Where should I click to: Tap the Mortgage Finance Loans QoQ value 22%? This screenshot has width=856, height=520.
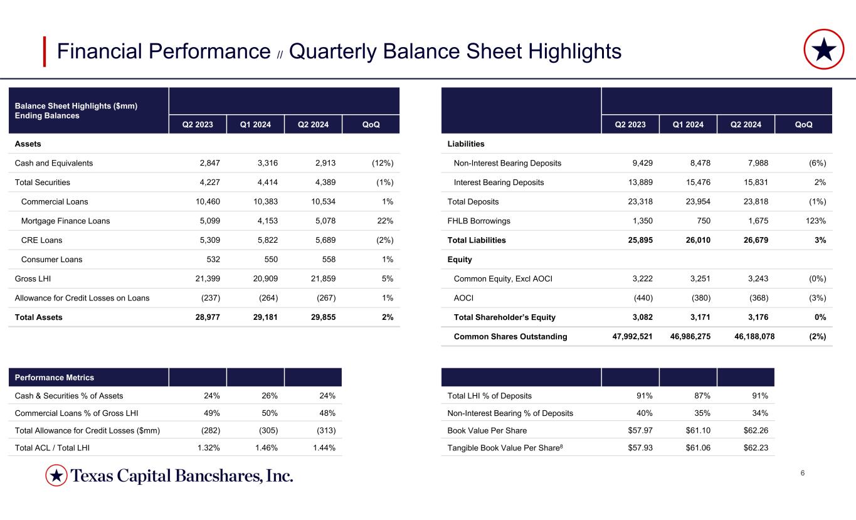pyautogui.click(x=383, y=221)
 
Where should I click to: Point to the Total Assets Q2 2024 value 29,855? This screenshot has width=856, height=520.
pyautogui.click(x=320, y=317)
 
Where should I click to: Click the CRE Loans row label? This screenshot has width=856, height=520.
pyautogui.click(x=41, y=240)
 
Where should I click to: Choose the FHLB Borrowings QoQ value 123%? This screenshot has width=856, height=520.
pyautogui.click(x=813, y=221)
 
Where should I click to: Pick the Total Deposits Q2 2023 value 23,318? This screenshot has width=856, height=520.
pyautogui.click(x=637, y=202)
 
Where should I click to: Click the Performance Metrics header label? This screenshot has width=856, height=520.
pyautogui.click(x=55, y=378)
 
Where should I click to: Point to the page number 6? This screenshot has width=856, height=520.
pyautogui.click(x=803, y=472)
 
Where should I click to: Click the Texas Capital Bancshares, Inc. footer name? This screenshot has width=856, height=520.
pyautogui.click(x=182, y=476)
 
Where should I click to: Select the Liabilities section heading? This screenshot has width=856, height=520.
pyautogui.click(x=466, y=144)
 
